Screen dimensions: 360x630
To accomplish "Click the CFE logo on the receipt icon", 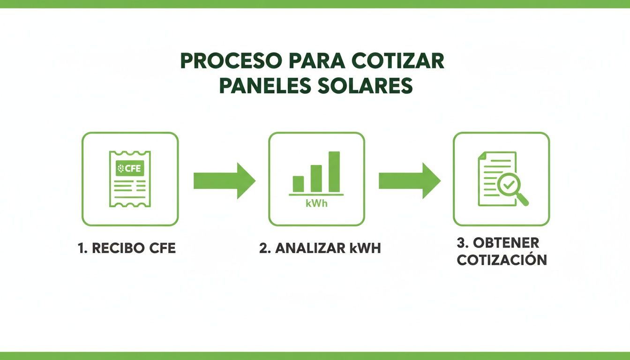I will [x=130, y=169].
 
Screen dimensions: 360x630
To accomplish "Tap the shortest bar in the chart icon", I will [x=298, y=184].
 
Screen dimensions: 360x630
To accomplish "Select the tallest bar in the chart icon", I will [x=334, y=172].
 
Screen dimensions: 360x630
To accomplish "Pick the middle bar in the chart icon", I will [x=316, y=178].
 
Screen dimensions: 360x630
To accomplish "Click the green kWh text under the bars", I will [x=316, y=204].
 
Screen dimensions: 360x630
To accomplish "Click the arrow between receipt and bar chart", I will [x=224, y=180].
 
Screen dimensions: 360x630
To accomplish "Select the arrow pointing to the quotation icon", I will [x=409, y=180].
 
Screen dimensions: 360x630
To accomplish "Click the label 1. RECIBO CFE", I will [x=127, y=248].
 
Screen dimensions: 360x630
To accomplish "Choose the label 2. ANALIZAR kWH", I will [x=320, y=248].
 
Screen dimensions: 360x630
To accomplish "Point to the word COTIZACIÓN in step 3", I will [x=502, y=260].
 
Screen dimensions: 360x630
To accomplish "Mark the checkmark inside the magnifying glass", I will [x=507, y=185].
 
